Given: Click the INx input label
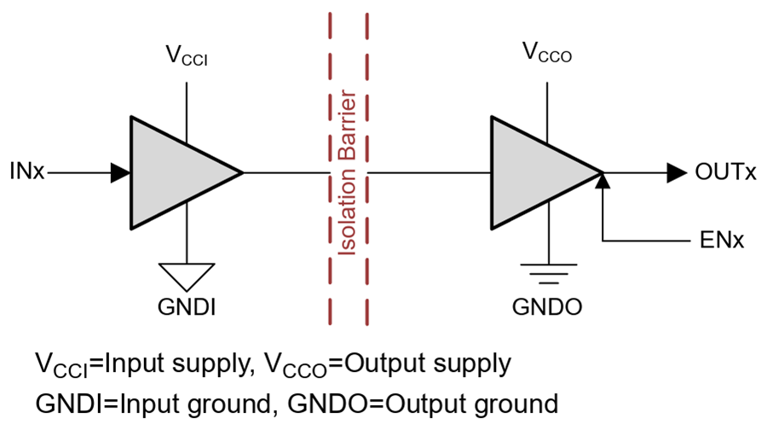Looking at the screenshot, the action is (27, 171).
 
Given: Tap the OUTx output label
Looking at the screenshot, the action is (725, 172).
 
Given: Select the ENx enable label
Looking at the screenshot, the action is (722, 241).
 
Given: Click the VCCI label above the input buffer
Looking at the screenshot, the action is (187, 55).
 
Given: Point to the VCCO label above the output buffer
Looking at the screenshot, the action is (547, 52).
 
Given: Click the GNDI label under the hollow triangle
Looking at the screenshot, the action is (187, 307).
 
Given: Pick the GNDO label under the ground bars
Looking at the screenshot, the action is (547, 307).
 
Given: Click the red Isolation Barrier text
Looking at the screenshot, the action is (348, 172).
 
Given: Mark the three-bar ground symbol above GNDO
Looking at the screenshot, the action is (548, 274).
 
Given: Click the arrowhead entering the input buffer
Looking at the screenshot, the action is (120, 173).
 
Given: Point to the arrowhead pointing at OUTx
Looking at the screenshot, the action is (677, 173).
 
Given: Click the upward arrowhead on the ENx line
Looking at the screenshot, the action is (603, 181).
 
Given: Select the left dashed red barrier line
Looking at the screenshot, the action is (330, 169).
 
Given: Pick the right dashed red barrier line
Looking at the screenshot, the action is (366, 169).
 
